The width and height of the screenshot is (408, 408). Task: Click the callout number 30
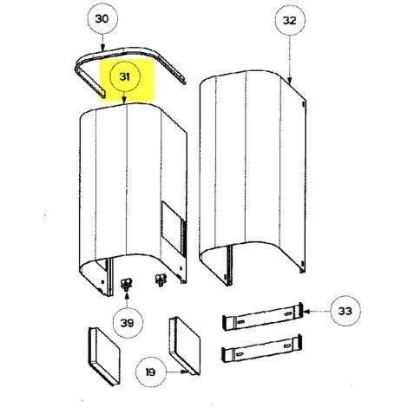pyautogui.click(x=102, y=19)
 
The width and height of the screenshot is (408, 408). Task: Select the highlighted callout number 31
pyautogui.click(x=125, y=77)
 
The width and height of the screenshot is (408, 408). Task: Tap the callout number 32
pyautogui.click(x=290, y=21)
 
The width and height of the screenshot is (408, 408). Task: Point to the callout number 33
pyautogui.click(x=345, y=311)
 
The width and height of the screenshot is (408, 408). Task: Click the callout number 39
pyautogui.click(x=127, y=323)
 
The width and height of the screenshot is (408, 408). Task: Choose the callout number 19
pyautogui.click(x=150, y=372)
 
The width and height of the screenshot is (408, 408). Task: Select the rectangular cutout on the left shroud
pyautogui.click(x=172, y=226)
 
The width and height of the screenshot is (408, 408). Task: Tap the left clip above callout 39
pyautogui.click(x=127, y=284)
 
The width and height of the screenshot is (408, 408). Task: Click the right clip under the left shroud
pyautogui.click(x=160, y=280)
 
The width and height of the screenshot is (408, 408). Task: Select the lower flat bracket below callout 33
pyautogui.click(x=262, y=348)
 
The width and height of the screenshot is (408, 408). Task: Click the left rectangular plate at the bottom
pyautogui.click(x=104, y=356)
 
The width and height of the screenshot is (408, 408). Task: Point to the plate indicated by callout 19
pyautogui.click(x=184, y=345)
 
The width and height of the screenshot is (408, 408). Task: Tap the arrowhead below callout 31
pyautogui.click(x=124, y=101)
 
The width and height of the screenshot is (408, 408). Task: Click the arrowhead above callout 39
pyautogui.click(x=127, y=295)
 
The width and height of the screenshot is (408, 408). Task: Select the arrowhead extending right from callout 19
pyautogui.click(x=184, y=372)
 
